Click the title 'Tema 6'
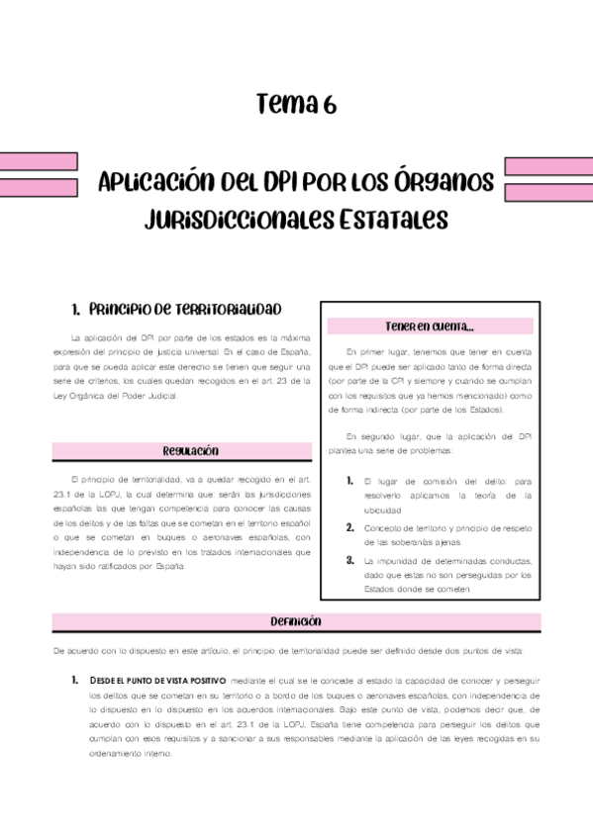[x=296, y=103]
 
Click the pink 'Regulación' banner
[x=190, y=451]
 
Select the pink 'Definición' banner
[x=296, y=621]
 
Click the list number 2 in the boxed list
[x=350, y=527]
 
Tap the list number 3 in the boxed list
[x=350, y=560]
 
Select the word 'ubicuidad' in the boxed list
[x=382, y=511]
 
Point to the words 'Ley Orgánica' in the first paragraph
[x=82, y=395]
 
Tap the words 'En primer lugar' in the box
[x=383, y=351]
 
